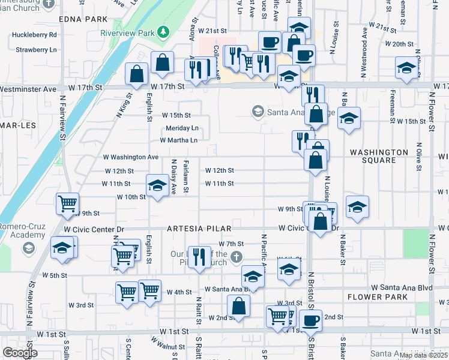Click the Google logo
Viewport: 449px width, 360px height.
pyautogui.click(x=20, y=353)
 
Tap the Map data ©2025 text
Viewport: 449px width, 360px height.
pyautogui.click(x=423, y=355)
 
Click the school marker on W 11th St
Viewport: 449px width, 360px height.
pyautogui.click(x=157, y=185)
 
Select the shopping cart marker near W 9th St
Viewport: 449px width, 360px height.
pyautogui.click(x=67, y=203)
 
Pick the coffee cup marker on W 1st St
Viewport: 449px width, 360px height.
pyautogui.click(x=310, y=320)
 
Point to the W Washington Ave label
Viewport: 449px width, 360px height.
pyautogui.click(x=131, y=157)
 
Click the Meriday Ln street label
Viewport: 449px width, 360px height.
pyautogui.click(x=182, y=128)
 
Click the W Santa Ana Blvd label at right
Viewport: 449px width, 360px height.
pyautogui.click(x=402, y=289)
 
